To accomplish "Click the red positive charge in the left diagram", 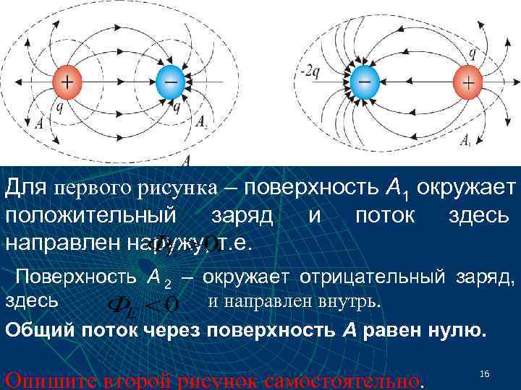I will (x=66, y=83).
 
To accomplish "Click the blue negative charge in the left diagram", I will (x=171, y=84).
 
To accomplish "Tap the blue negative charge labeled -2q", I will (x=364, y=84).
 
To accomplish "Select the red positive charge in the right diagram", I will (x=468, y=84).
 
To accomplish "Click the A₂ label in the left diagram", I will (x=202, y=122).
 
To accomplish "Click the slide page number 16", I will (x=485, y=373).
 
